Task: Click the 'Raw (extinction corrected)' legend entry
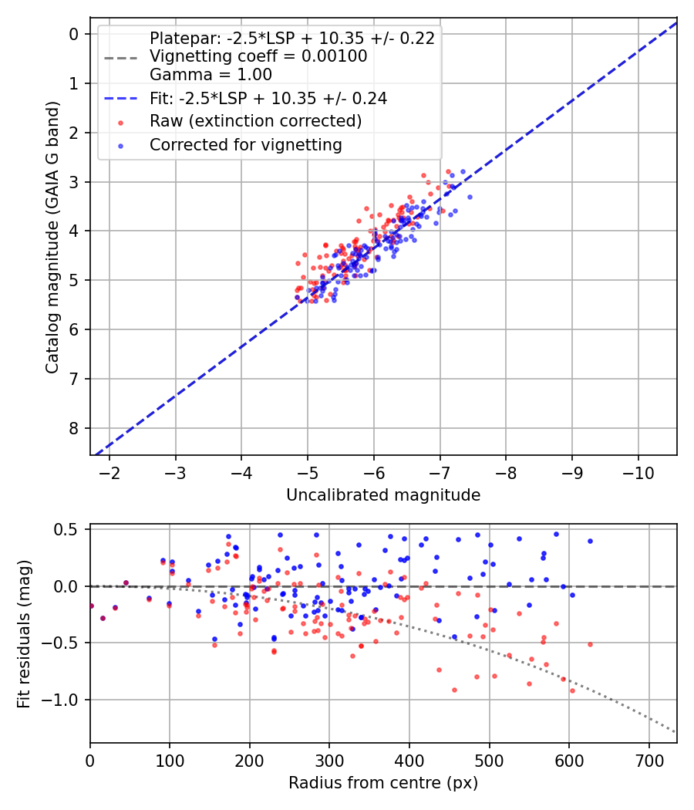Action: pos(255,121)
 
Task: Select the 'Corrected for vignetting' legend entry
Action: pos(245,144)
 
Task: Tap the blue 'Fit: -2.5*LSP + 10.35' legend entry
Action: pos(268,98)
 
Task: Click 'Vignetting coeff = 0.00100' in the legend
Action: pos(258,56)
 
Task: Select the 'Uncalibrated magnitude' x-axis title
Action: pos(383,495)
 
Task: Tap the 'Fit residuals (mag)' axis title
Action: pos(24,634)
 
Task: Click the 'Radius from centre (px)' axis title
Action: pos(383,783)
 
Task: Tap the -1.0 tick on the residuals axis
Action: pos(65,700)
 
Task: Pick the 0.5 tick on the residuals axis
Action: pos(69,529)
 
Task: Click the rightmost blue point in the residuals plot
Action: pos(590,541)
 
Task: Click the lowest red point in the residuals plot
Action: pos(572,690)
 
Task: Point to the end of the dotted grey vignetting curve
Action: pos(676,732)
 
